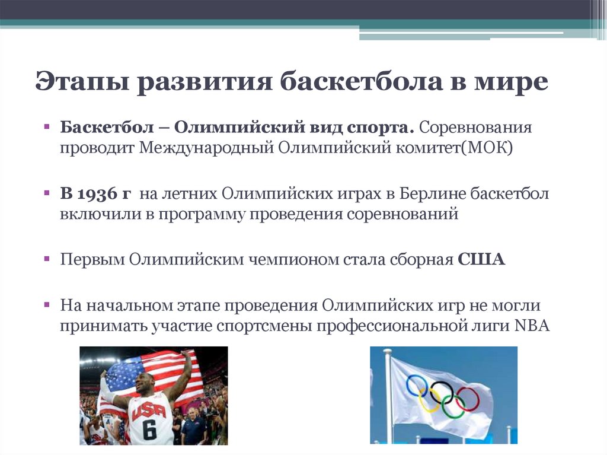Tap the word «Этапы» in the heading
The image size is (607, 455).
[82, 82]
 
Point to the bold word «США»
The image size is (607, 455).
[481, 259]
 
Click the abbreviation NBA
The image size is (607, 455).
[532, 326]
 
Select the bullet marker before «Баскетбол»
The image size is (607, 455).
[47, 126]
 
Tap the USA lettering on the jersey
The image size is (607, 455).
[149, 410]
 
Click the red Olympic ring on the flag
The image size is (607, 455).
[468, 399]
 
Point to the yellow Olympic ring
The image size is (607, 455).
[430, 401]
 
